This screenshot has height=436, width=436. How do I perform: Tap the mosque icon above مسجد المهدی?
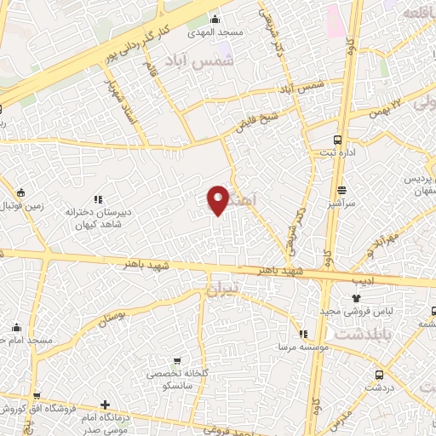215,20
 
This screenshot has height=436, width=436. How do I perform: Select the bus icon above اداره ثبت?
338,139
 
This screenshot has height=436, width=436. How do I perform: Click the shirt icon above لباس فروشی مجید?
358,299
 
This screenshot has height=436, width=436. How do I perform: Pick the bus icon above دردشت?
378,375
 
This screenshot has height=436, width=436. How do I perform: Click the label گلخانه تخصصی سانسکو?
178,380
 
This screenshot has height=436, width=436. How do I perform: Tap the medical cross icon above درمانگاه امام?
105,405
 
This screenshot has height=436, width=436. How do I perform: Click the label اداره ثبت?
338,153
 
